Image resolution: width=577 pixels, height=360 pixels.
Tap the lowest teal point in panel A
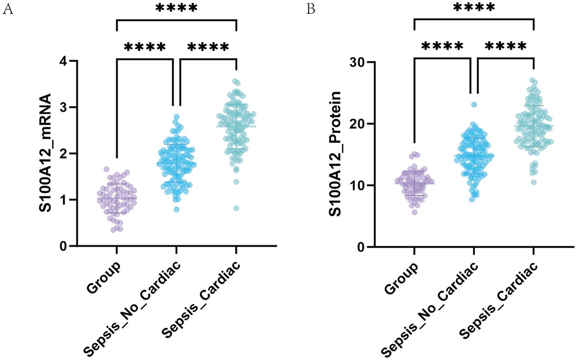click(236, 208)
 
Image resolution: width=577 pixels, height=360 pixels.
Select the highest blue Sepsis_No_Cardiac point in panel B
click(474, 105)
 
